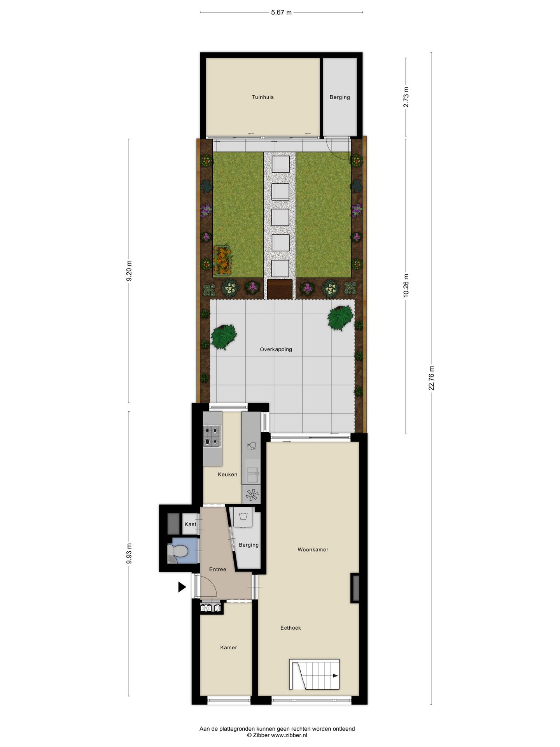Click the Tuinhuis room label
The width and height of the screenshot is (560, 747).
[x=262, y=97]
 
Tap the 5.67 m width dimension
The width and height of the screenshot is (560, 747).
[x=281, y=12]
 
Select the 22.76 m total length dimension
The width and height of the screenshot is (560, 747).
[x=431, y=378]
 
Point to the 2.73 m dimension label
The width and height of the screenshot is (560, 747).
[x=406, y=97]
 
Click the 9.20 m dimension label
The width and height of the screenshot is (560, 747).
[x=129, y=271]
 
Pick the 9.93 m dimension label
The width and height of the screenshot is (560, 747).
[x=129, y=553]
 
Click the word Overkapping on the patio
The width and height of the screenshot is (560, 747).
[x=276, y=349]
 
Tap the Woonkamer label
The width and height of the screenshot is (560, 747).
[x=313, y=550]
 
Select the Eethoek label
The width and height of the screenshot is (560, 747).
[x=290, y=628]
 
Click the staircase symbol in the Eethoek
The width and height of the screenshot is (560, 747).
[x=314, y=674]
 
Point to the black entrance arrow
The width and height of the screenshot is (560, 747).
[x=182, y=587]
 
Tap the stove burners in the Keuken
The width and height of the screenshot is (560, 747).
[x=212, y=436]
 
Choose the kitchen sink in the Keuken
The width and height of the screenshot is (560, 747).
[x=252, y=475]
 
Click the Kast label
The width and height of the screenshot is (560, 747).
[x=191, y=524]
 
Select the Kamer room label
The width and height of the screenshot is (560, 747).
[x=228, y=647]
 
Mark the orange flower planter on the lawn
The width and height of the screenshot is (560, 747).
[x=222, y=260]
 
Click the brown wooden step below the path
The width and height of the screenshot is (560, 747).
[x=280, y=289]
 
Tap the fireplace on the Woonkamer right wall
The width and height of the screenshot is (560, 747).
[x=355, y=588]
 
